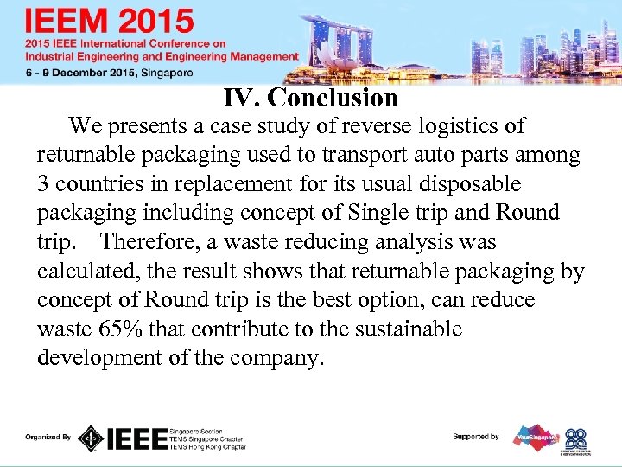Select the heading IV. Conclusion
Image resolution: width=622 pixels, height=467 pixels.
pos(310,98)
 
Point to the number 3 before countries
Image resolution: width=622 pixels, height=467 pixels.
pos(44,184)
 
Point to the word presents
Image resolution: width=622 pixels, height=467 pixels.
pos(149,126)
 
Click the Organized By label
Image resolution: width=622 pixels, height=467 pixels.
pos(48,438)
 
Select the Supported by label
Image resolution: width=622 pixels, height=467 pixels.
pos(475,437)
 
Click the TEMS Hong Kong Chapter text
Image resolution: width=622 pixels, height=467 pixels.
pos(207,446)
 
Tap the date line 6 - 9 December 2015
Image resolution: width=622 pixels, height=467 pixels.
pos(108,73)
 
